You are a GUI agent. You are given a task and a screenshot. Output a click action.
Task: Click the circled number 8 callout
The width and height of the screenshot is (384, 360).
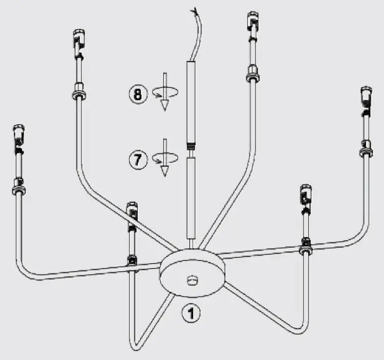point(138,94)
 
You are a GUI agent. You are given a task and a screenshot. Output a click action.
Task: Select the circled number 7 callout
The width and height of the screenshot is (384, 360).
point(137,159)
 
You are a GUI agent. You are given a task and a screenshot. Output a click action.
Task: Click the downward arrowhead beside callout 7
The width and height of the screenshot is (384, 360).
point(164,171)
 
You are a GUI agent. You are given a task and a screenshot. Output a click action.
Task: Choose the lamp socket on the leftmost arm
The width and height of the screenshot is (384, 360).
point(19,134)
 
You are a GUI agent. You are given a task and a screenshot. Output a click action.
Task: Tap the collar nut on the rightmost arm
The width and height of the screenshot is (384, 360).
point(366,152)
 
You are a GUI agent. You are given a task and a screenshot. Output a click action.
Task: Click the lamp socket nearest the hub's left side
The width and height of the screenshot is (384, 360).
point(132,212)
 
